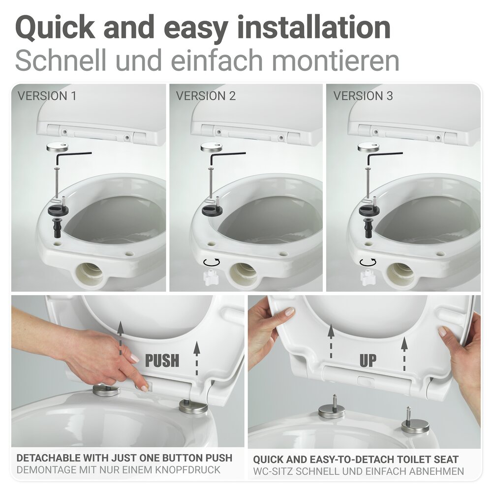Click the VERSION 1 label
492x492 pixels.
coord(47,95)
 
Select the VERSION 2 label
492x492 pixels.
coord(206,95)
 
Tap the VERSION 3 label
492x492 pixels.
coord(363,95)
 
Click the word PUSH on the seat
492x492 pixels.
coord(162,361)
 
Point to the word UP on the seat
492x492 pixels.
coord(368,361)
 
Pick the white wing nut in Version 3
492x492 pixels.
coord(368,277)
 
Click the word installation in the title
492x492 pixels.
coord(315,28)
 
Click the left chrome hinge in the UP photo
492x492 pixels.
coord(331,410)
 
